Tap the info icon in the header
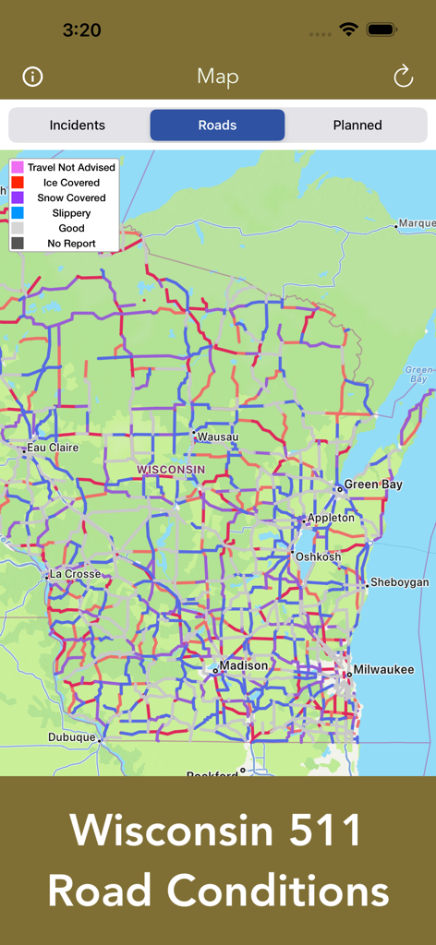coord(32,77)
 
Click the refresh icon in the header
coord(404,77)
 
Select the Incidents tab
coord(78,126)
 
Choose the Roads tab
coord(217,126)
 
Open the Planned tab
coord(357,126)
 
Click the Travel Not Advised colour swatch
coord(18,167)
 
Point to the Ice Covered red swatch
coord(18,183)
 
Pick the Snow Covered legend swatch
coord(18,197)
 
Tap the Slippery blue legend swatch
coord(18,213)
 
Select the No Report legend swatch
coord(18,244)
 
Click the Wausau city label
coord(218,437)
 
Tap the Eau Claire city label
coord(53,448)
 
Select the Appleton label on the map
coord(331,518)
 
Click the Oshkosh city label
coord(318,556)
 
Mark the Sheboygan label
coord(399,583)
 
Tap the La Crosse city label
coord(76,574)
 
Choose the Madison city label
coord(244,665)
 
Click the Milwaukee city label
coord(384,670)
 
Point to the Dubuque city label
coord(72,737)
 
